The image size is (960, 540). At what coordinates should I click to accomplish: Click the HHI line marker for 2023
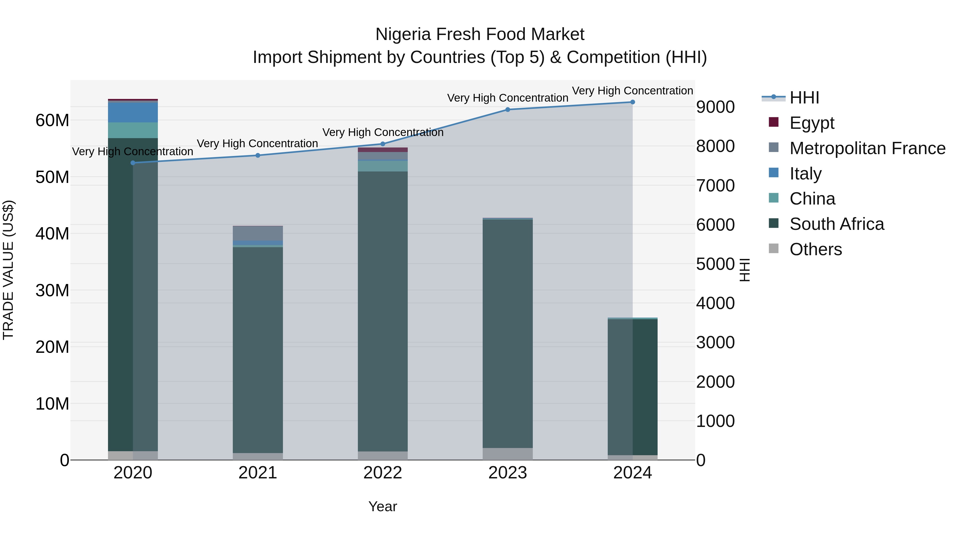[507, 110]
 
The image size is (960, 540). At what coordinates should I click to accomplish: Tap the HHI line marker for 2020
[133, 163]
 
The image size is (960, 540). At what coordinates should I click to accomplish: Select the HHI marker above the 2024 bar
[633, 102]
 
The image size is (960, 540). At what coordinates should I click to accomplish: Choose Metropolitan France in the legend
[867, 148]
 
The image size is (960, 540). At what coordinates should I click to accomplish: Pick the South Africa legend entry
[836, 224]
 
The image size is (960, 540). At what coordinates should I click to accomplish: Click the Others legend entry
[815, 249]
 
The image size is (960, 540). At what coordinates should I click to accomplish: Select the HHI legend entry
[804, 98]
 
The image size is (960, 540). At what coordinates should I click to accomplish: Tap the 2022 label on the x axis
[383, 473]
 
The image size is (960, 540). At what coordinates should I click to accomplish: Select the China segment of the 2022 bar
[383, 166]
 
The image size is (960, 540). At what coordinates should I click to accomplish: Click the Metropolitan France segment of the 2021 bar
[258, 233]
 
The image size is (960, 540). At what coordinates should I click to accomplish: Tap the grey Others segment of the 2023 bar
[507, 454]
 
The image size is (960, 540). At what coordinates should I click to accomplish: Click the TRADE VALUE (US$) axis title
[8, 270]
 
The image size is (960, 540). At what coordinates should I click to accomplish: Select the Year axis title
[383, 506]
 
